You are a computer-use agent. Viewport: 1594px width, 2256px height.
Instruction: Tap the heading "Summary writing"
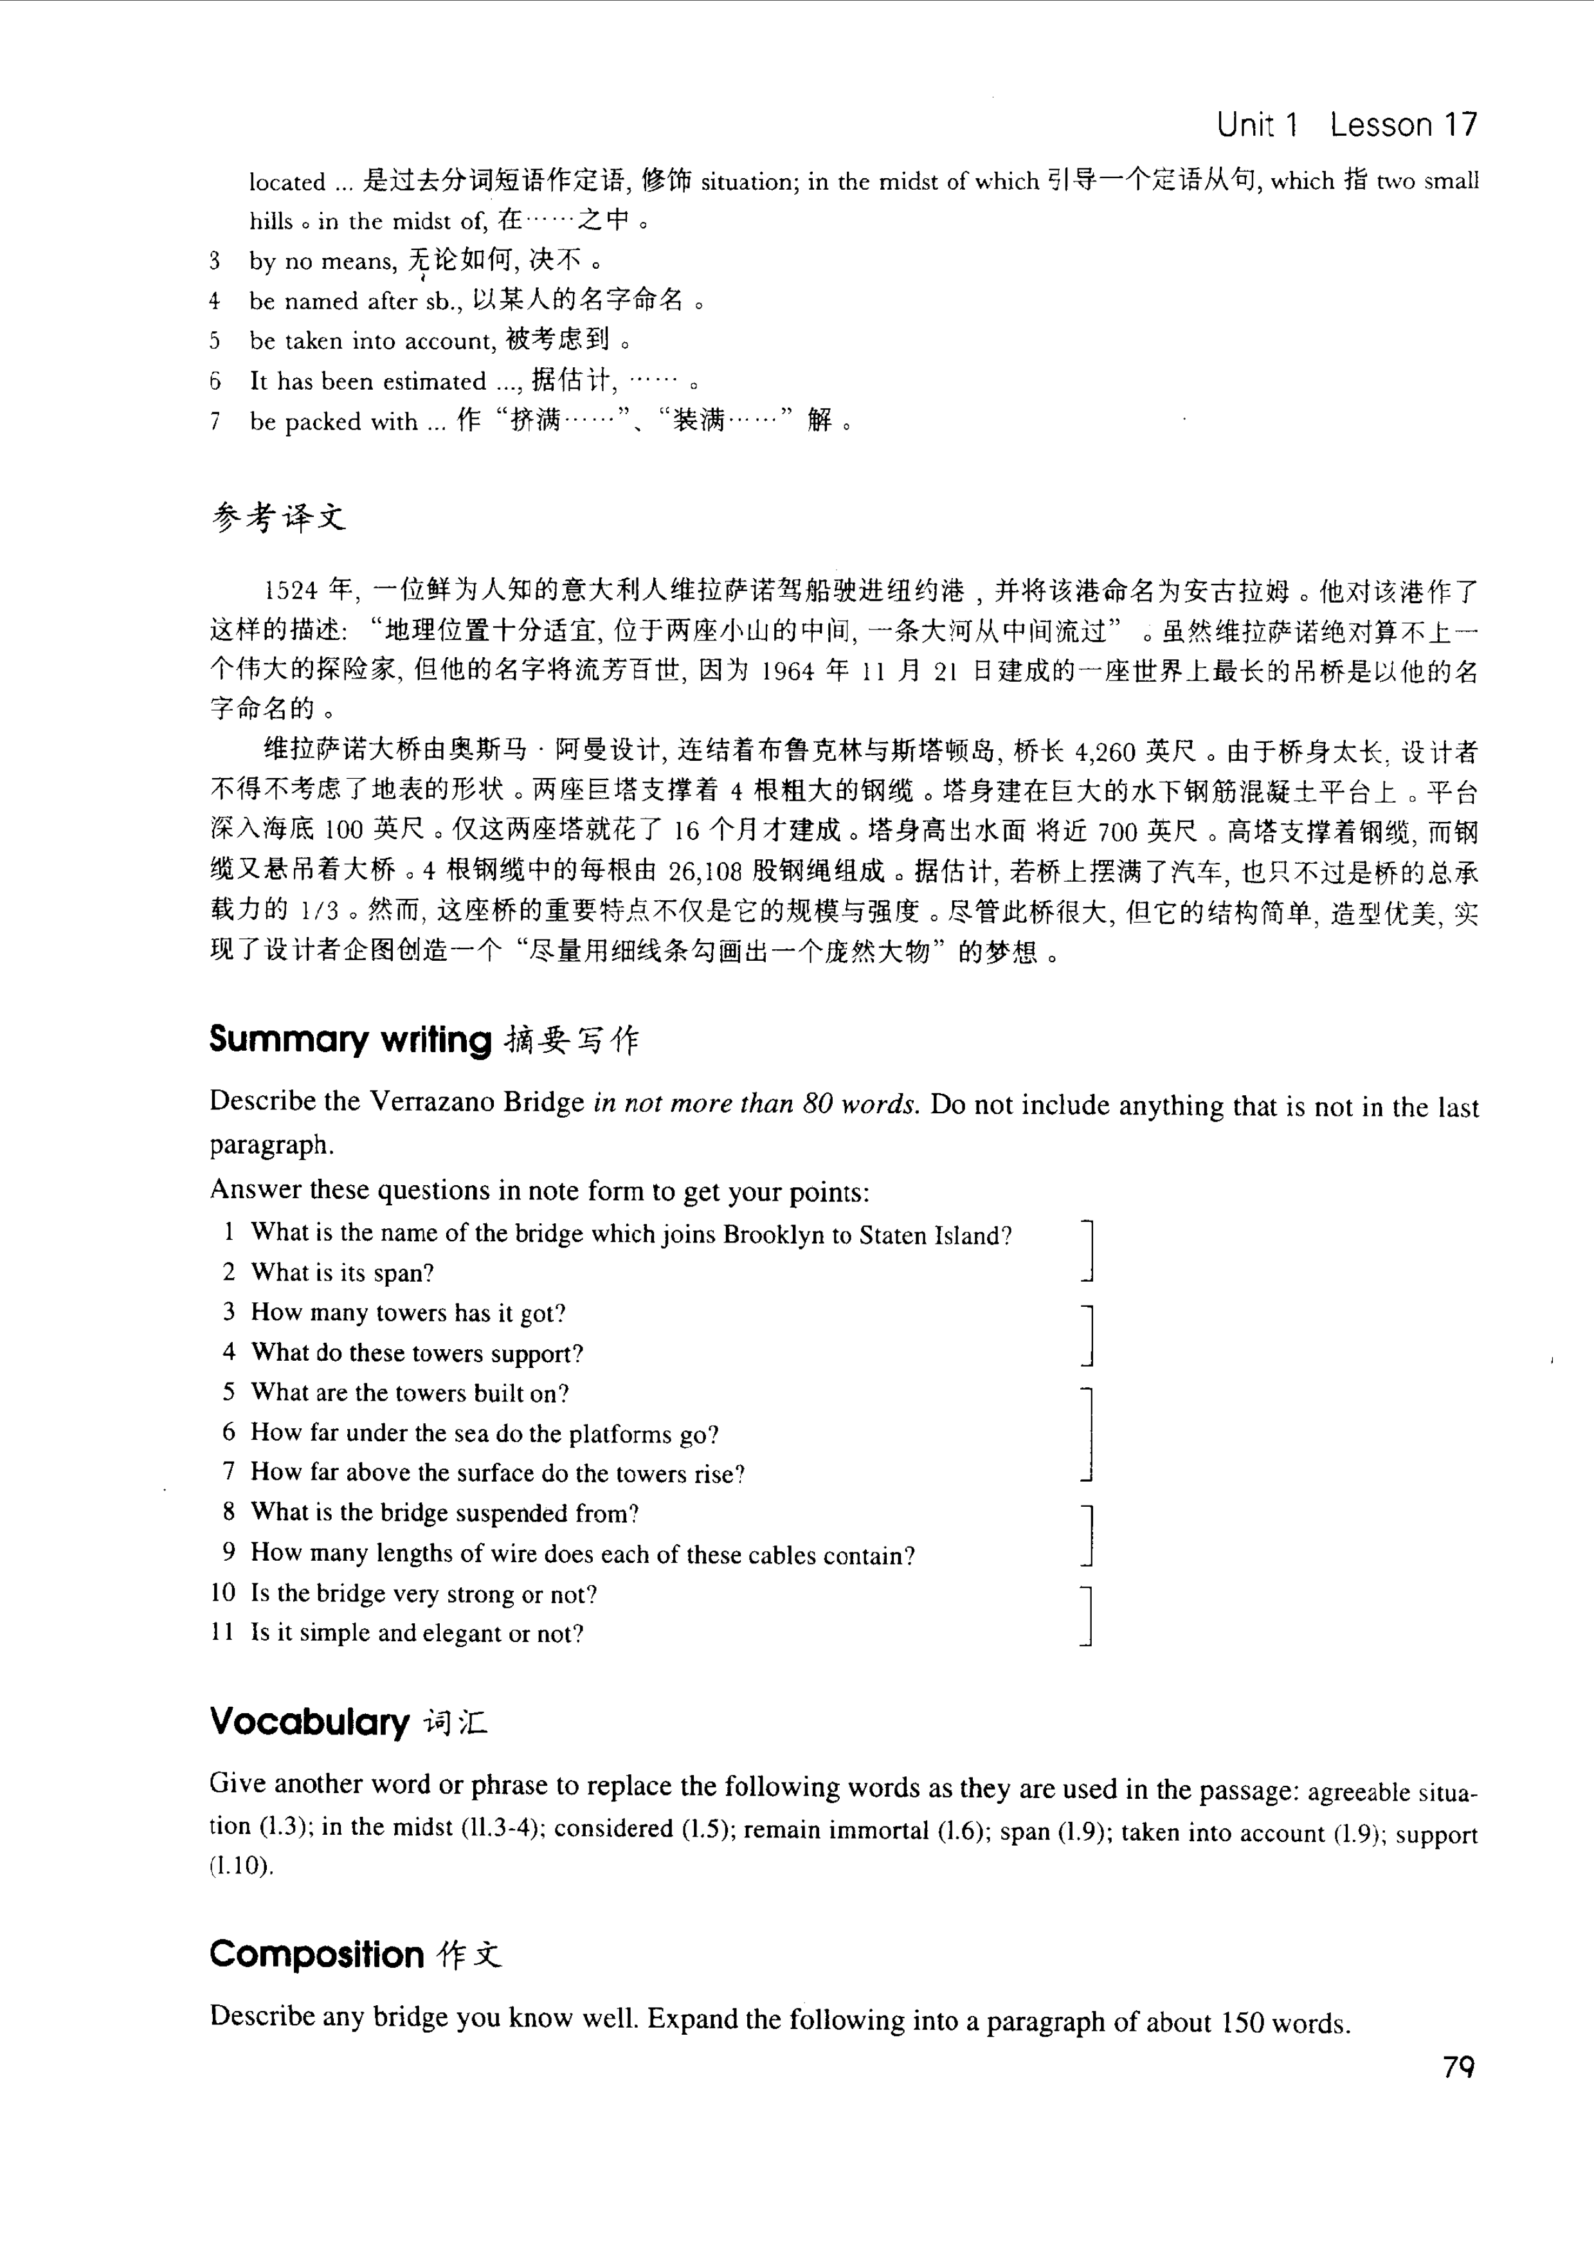click(350, 1039)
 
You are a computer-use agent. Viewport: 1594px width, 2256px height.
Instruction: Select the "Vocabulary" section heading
click(309, 1722)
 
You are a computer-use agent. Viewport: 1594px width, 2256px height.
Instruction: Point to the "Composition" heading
click(316, 1954)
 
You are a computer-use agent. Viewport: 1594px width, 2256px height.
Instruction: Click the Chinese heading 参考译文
click(279, 517)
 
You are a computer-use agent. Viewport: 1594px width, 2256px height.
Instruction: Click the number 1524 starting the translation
click(291, 590)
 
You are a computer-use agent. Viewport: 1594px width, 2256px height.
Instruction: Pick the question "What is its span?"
click(342, 1273)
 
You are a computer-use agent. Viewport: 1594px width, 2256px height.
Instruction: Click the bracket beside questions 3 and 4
click(1087, 1334)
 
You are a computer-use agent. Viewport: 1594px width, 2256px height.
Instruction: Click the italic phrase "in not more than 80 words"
click(756, 1104)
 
